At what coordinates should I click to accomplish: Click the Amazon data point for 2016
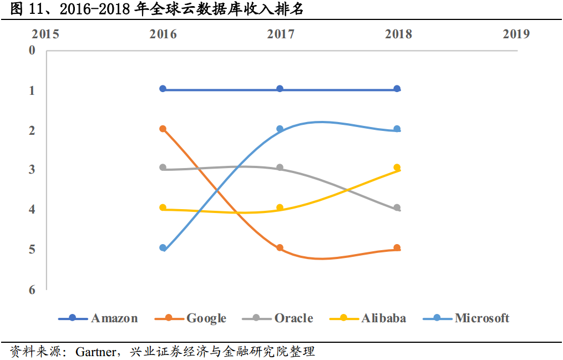pos(163,89)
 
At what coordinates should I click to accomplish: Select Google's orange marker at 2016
pos(163,129)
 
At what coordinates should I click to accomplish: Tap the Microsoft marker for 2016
pos(163,248)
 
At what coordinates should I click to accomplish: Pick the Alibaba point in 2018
pos(397,168)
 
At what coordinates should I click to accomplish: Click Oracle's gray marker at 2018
pos(397,208)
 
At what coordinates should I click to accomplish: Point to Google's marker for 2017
pos(280,248)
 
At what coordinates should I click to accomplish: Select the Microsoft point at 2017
pos(280,129)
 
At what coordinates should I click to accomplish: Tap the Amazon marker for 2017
pos(280,89)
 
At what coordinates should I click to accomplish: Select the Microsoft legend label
pos(481,318)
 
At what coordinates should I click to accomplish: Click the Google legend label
pos(206,318)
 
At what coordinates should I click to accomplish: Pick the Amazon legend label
pos(114,318)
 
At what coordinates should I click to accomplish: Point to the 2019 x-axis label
pos(516,34)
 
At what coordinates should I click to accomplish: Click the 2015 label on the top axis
pos(45,34)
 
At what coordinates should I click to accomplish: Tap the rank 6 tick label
pos(32,290)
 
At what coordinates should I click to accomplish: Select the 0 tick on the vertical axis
pos(32,50)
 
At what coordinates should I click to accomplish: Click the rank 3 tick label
pos(32,170)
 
